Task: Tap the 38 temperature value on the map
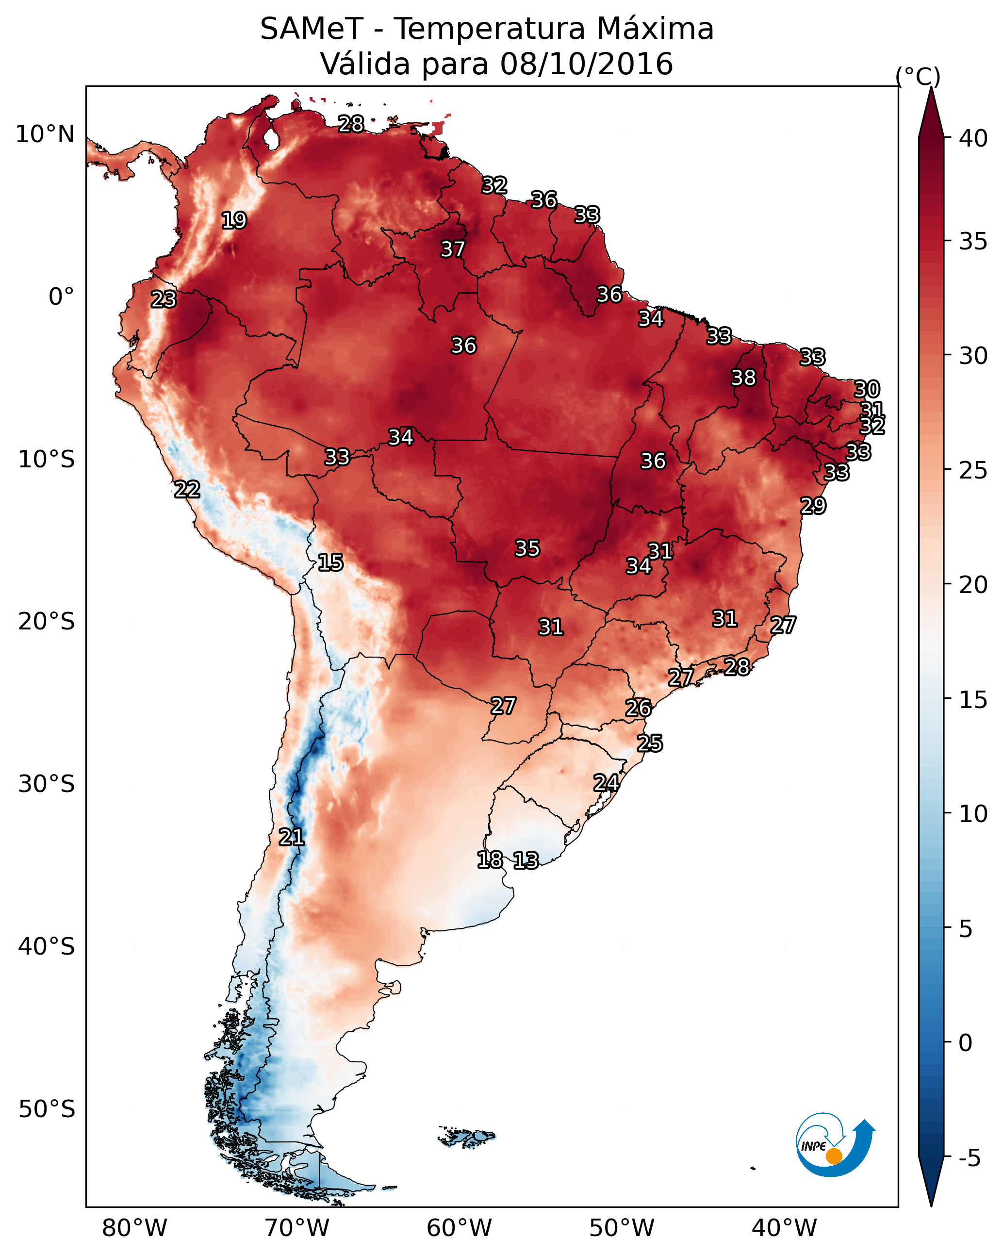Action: point(743,378)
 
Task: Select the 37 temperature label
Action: point(452,249)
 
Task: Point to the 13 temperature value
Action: point(526,860)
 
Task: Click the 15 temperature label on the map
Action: point(330,562)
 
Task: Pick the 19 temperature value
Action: point(234,221)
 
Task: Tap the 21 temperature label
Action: point(291,837)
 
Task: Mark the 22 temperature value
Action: point(187,490)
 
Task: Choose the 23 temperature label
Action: point(164,299)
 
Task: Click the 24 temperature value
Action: point(606,783)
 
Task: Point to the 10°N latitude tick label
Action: point(45,134)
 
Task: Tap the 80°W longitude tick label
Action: point(134,1228)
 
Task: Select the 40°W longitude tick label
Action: point(784,1228)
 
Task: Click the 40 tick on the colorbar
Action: point(973,138)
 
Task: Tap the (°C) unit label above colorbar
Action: point(918,76)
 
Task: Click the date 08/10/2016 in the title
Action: point(586,64)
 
